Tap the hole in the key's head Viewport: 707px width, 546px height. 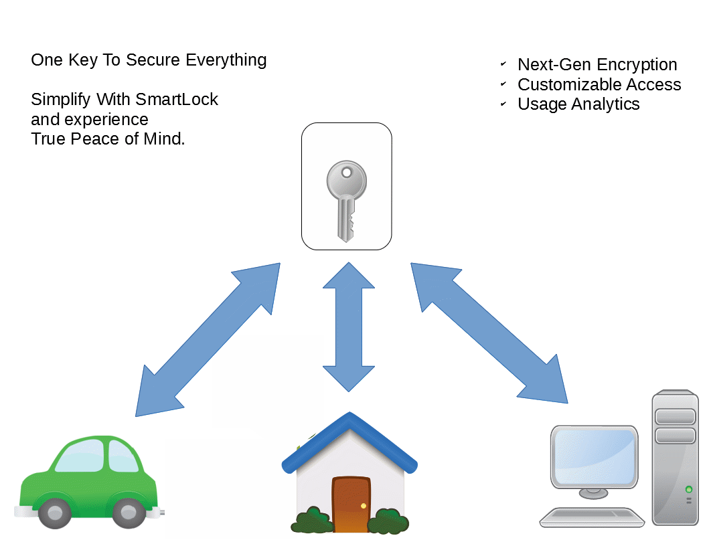tap(346, 173)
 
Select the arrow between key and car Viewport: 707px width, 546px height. tap(208, 340)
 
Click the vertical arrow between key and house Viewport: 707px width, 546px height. tap(349, 327)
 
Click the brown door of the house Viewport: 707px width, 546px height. tap(351, 504)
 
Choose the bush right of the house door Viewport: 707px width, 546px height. tap(388, 521)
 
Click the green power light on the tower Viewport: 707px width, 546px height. tap(688, 490)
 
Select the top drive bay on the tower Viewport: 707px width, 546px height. tap(675, 417)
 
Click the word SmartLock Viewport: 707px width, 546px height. tap(177, 100)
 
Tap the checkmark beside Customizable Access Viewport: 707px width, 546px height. tap(503, 85)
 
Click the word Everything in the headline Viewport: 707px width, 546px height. tap(226, 60)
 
